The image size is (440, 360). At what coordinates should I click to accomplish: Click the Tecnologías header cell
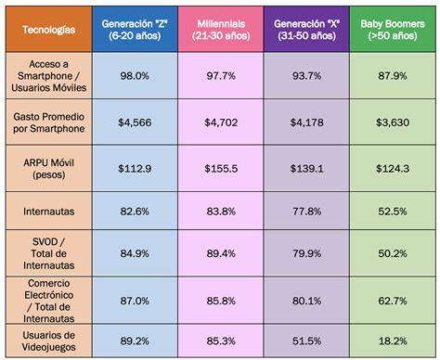click(48, 29)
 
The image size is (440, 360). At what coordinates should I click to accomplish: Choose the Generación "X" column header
click(308, 29)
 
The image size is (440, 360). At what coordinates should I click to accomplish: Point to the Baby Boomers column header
click(392, 29)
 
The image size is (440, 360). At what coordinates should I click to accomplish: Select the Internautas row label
click(48, 212)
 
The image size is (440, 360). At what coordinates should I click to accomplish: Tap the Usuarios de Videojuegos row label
click(48, 340)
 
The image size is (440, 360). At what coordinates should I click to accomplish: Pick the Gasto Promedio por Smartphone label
click(48, 122)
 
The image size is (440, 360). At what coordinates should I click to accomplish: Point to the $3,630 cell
click(392, 122)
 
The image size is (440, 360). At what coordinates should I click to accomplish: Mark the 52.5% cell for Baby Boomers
click(392, 212)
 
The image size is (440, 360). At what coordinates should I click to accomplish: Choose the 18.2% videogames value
click(392, 340)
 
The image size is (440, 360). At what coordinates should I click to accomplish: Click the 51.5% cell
click(308, 340)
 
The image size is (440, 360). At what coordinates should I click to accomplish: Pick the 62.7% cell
click(392, 300)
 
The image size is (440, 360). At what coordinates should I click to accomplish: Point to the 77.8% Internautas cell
click(308, 212)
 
